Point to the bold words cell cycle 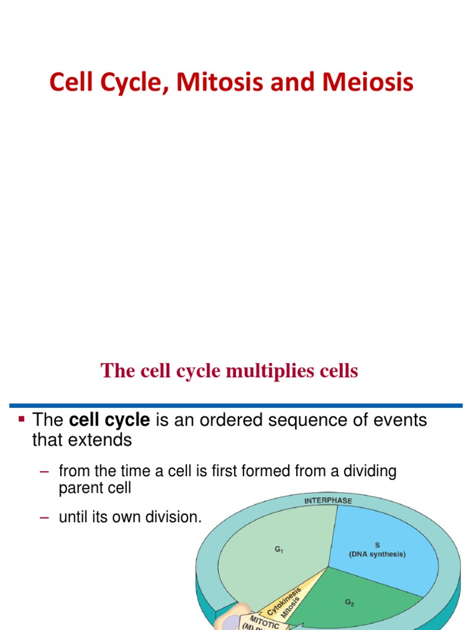(109, 420)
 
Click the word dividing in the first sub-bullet (366, 472)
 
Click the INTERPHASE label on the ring (328, 500)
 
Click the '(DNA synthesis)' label (377, 554)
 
